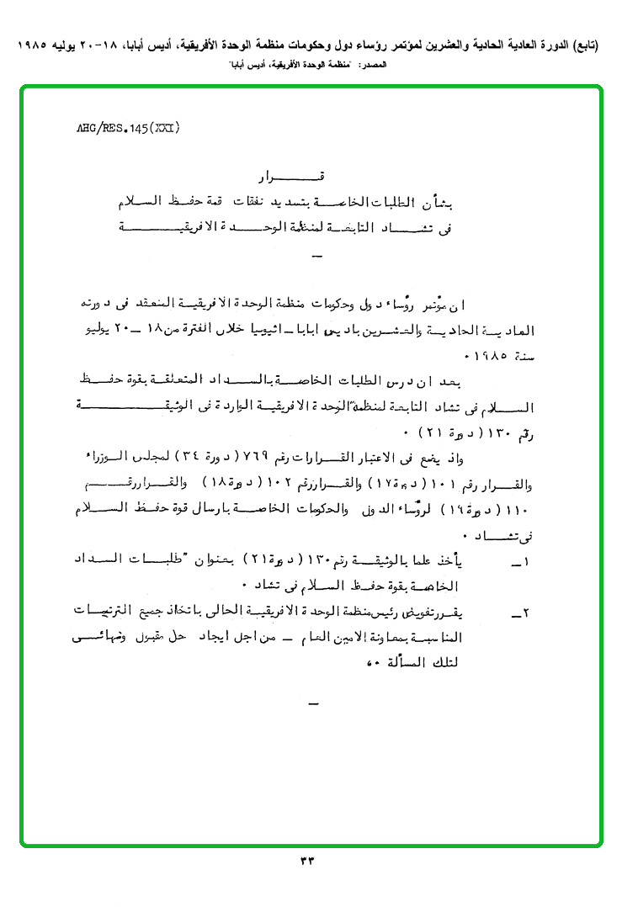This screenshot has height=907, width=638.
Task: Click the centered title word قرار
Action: pyautogui.click(x=290, y=178)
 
